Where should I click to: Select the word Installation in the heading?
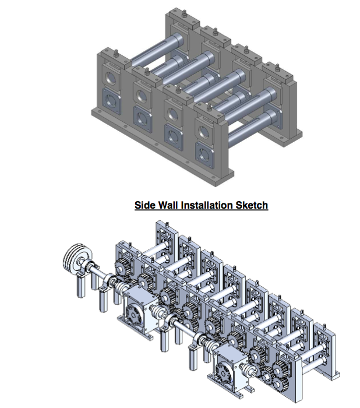click(x=207, y=205)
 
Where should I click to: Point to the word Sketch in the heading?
click(x=252, y=205)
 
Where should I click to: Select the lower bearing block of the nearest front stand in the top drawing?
click(x=205, y=156)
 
